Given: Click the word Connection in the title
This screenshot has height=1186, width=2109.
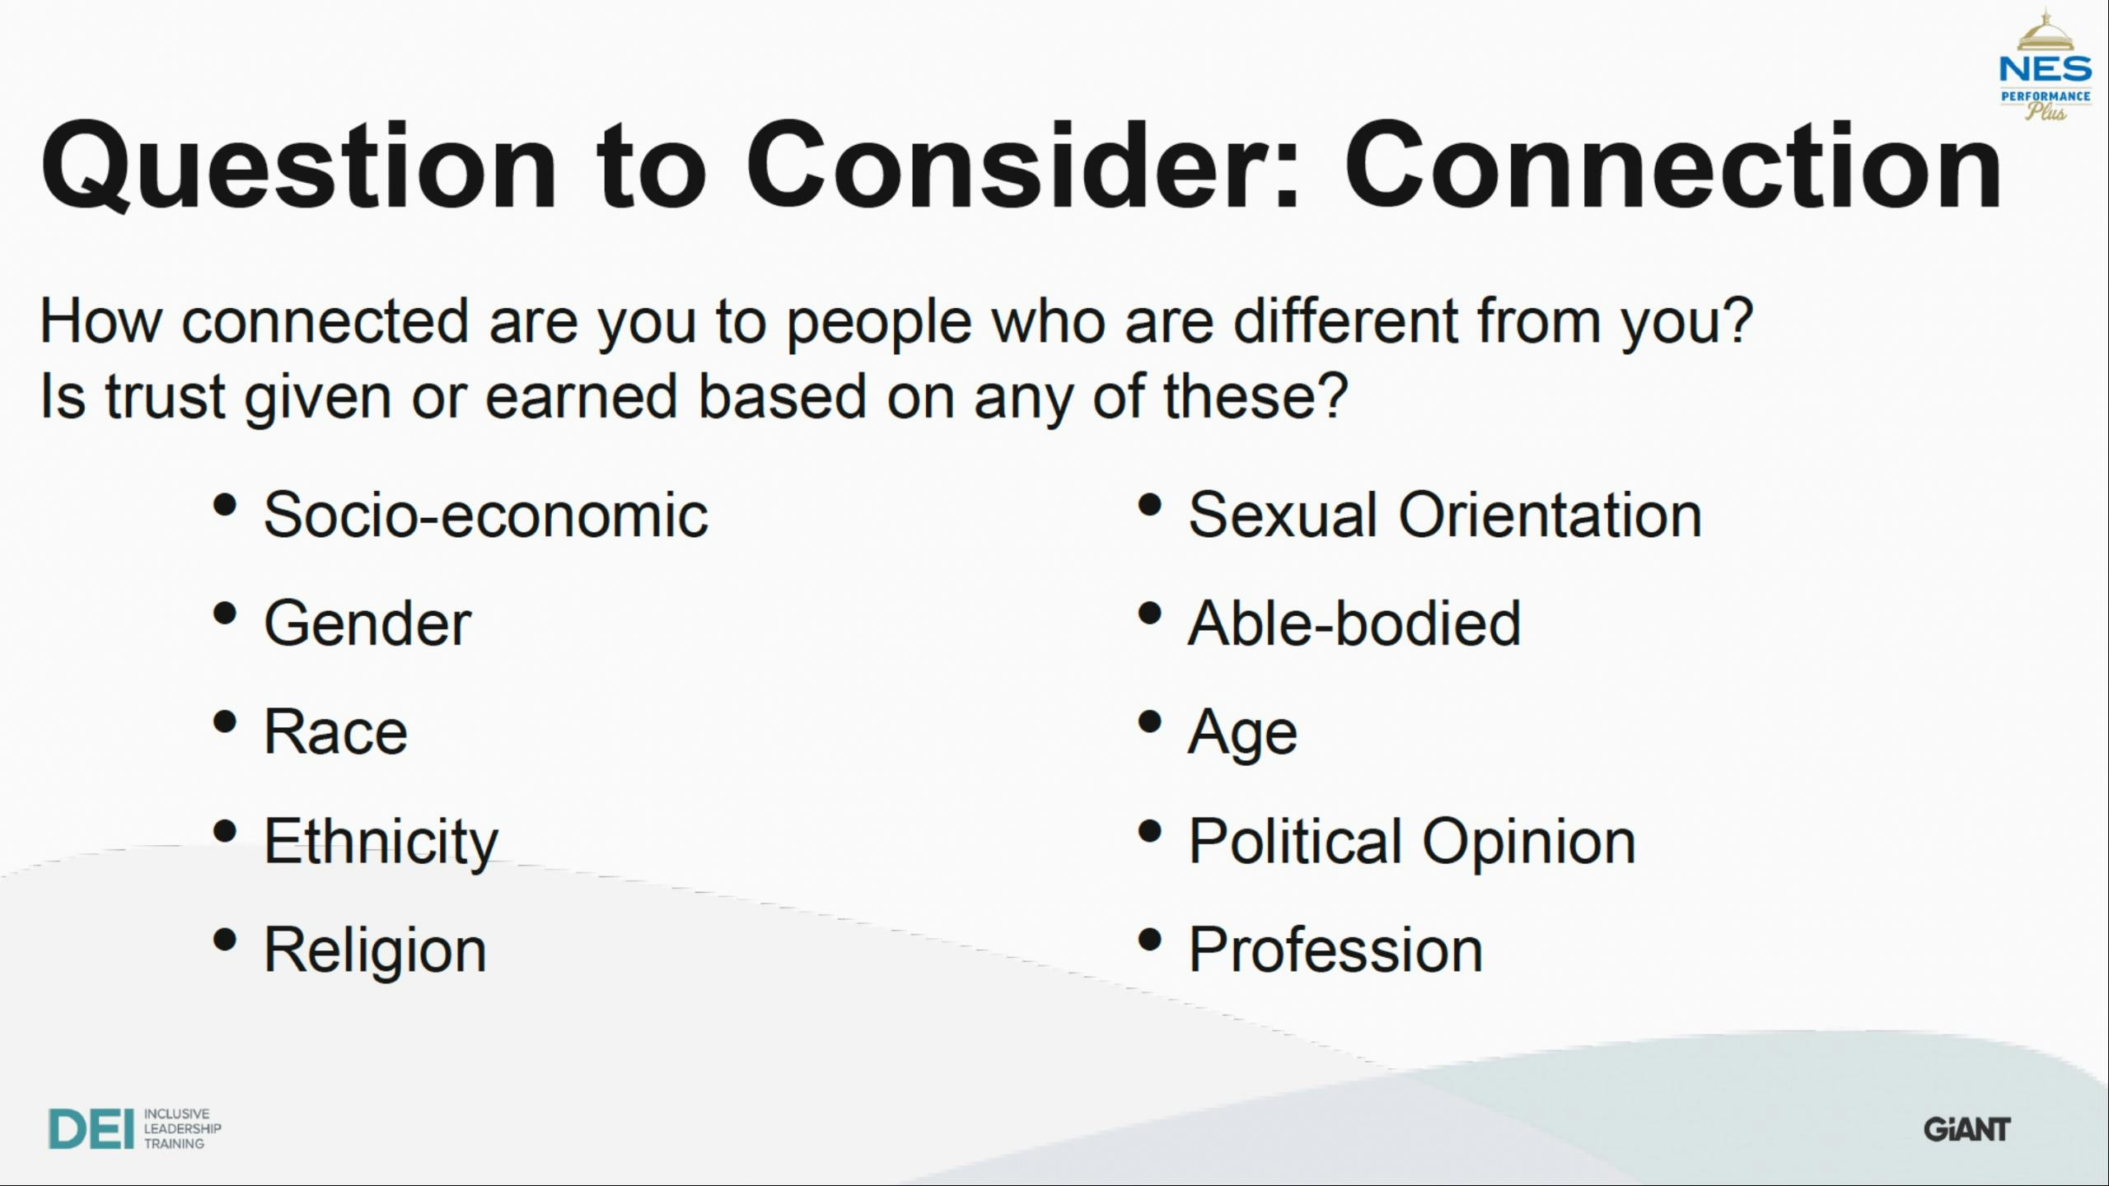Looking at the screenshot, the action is [x=1672, y=165].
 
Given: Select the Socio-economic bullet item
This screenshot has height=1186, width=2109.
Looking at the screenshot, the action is [x=486, y=515].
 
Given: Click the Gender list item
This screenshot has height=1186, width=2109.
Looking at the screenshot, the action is [x=367, y=623].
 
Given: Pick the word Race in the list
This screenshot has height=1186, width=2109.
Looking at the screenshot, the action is [x=335, y=732].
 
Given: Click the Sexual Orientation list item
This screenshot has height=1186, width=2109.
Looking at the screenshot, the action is [x=1445, y=515].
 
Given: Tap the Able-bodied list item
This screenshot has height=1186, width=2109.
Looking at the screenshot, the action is [x=1354, y=623].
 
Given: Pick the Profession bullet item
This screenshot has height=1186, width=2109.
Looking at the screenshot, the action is [x=1335, y=950].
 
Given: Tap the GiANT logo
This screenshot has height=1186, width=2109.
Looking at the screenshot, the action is [x=1967, y=1129].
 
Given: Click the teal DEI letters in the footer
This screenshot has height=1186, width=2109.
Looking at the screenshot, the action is [x=91, y=1128].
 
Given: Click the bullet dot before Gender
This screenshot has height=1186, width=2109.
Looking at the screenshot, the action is [x=225, y=614].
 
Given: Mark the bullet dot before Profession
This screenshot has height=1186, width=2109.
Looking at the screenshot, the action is [x=1149, y=940].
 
